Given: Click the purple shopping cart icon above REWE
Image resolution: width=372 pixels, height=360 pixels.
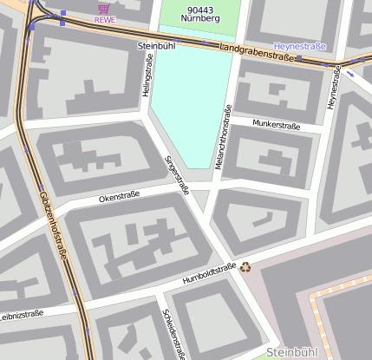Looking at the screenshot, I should [104, 8].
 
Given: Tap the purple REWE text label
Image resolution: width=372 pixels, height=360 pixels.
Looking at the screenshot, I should [104, 19].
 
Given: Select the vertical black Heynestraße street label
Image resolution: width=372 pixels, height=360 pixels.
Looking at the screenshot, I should [331, 87].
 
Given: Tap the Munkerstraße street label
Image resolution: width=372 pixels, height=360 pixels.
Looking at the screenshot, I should [276, 125].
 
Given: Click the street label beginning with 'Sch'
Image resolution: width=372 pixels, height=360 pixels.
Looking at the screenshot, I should [173, 333].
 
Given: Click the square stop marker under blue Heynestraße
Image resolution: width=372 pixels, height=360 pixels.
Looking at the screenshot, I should [299, 58].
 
